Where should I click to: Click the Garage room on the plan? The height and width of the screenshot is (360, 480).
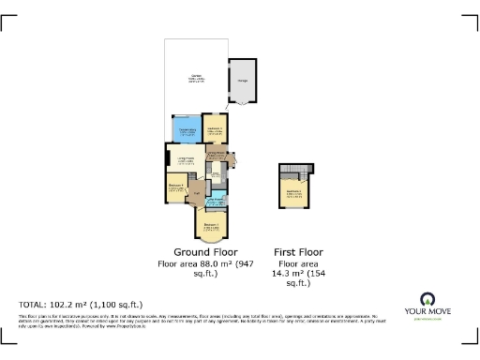point(244,81)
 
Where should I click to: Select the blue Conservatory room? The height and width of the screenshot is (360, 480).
point(186,130)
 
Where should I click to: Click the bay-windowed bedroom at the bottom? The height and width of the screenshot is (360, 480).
point(212,226)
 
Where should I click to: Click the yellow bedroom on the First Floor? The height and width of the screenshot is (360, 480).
point(294,194)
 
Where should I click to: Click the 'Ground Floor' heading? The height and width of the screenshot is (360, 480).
point(205,252)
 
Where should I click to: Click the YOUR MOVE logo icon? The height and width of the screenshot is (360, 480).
point(431,301)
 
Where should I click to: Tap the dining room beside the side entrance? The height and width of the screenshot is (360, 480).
point(217,156)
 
